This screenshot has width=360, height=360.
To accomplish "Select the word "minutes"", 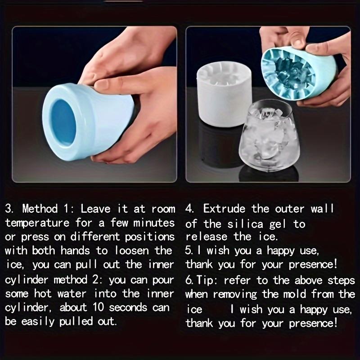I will tap(153, 223).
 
